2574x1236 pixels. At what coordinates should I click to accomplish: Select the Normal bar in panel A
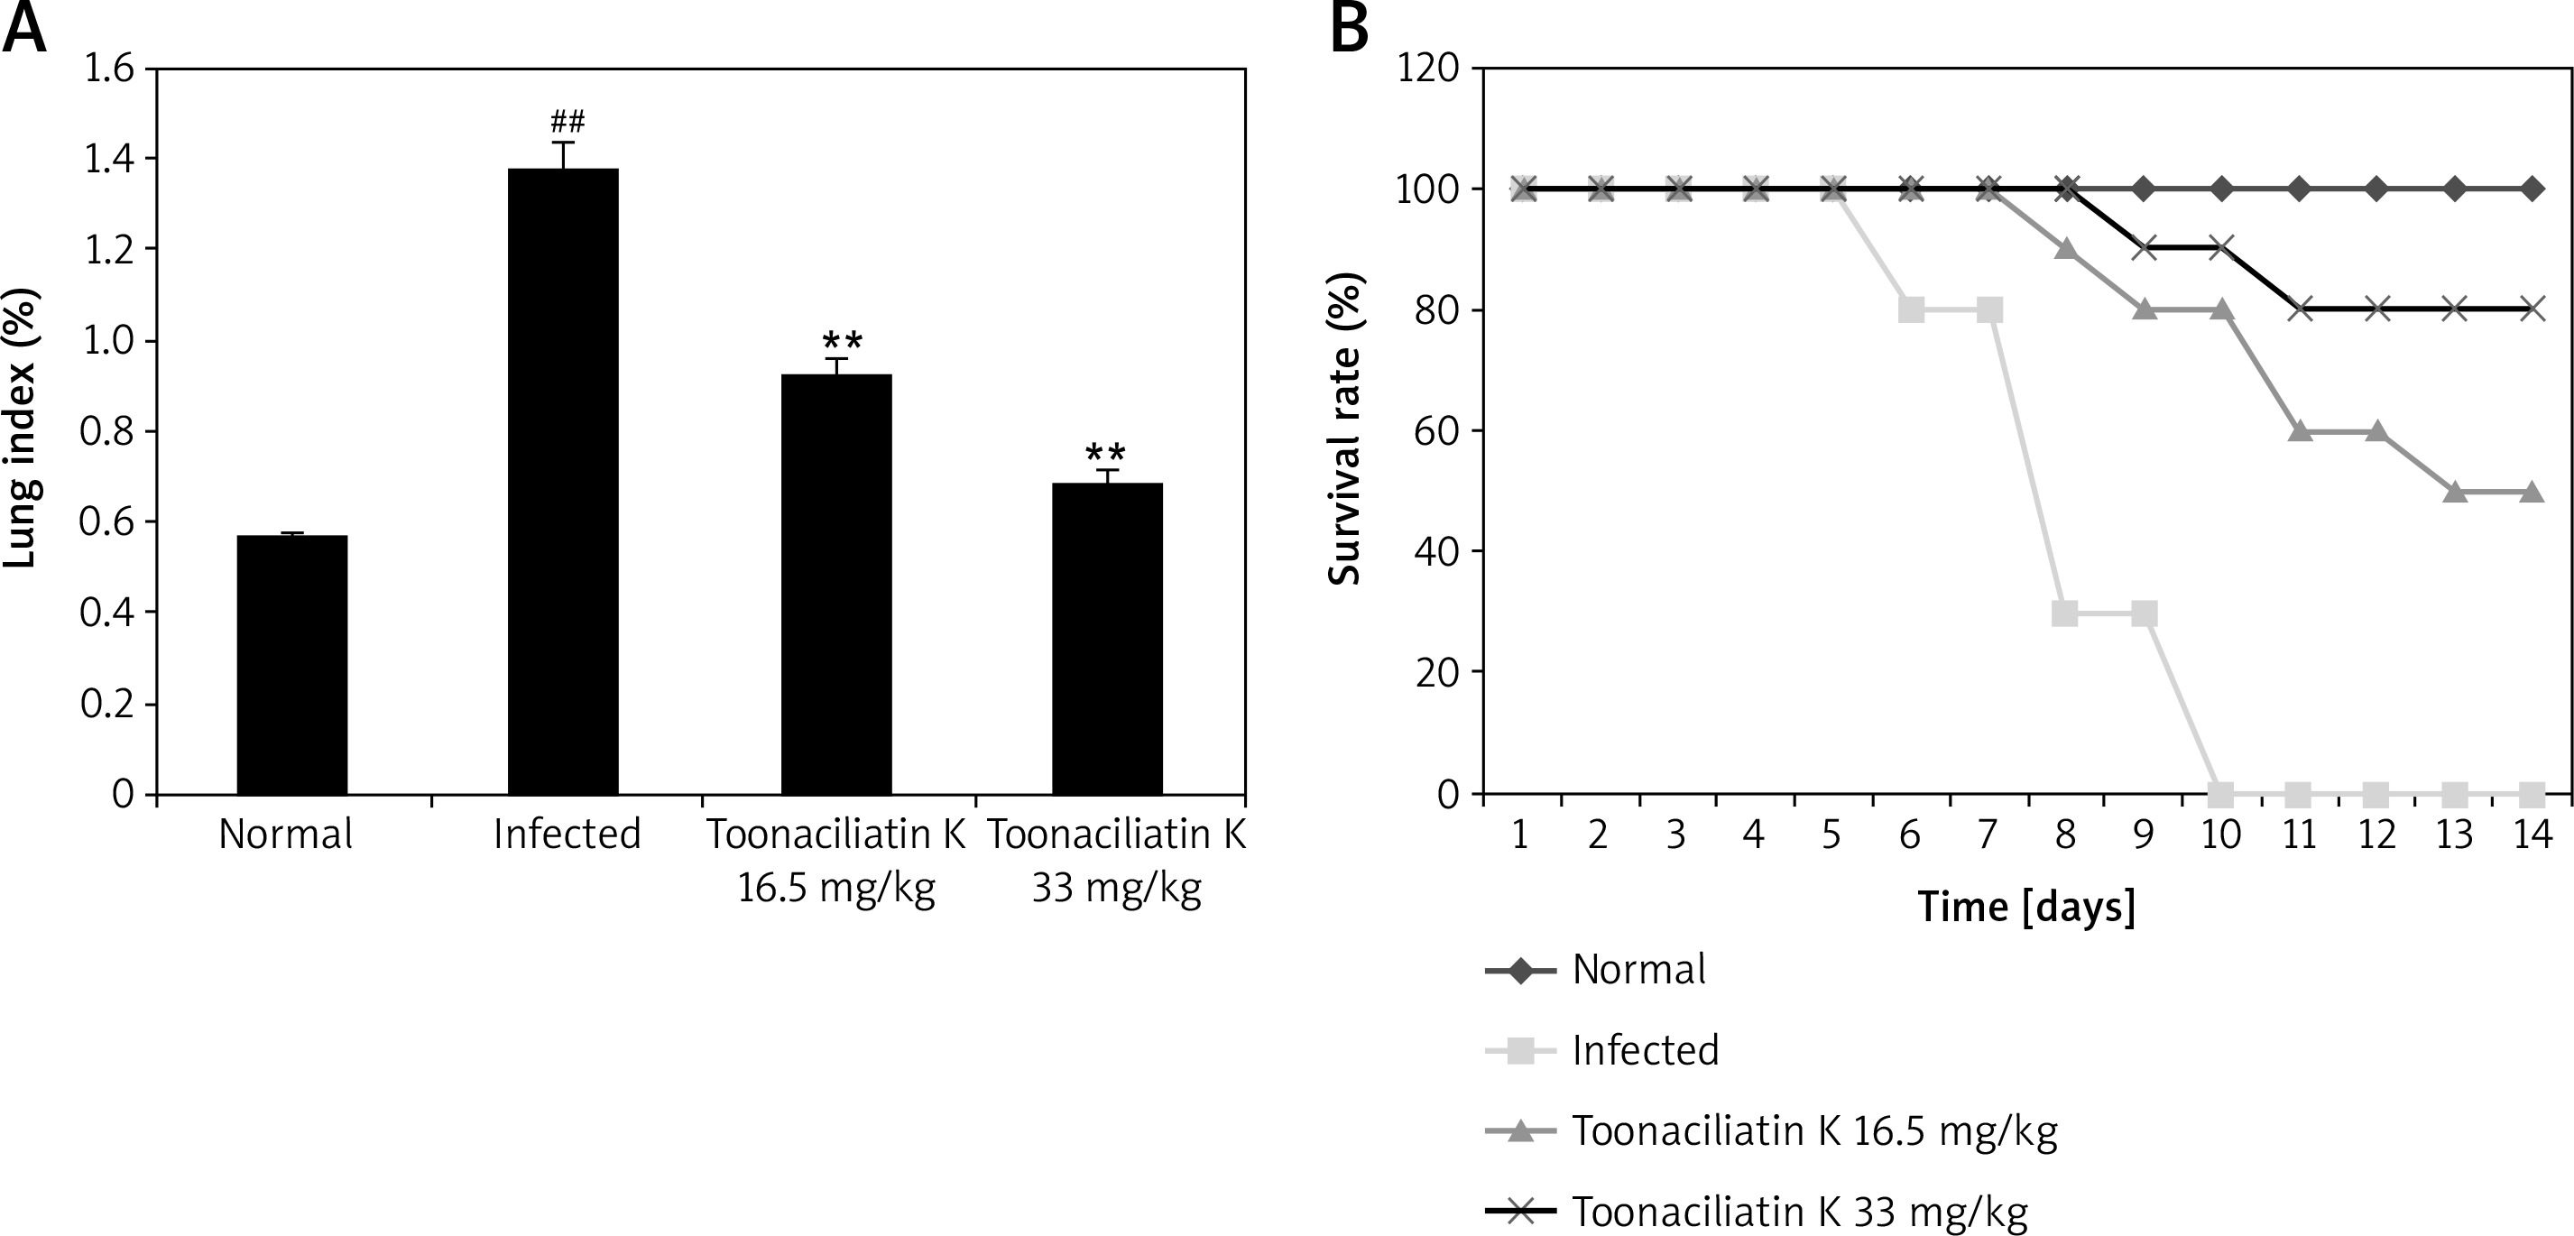click(x=291, y=664)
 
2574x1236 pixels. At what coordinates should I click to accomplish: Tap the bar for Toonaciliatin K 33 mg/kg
click(x=1107, y=639)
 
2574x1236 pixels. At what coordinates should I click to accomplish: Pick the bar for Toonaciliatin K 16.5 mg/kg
click(x=836, y=585)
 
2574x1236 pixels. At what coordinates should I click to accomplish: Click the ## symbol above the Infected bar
click(x=567, y=123)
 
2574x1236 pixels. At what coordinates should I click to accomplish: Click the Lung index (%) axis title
click(x=20, y=428)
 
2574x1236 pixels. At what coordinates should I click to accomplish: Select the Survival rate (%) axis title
click(x=1345, y=428)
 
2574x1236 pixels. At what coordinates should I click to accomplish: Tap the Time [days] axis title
click(x=2026, y=907)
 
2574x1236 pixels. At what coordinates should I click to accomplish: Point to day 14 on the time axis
click(x=2532, y=834)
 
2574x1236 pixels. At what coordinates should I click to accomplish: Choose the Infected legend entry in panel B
click(x=1645, y=1050)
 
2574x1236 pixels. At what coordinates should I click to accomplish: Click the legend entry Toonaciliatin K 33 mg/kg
click(x=1799, y=1212)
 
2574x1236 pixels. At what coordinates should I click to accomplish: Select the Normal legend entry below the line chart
click(x=1638, y=969)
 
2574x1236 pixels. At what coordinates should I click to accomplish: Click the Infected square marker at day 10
click(x=2220, y=794)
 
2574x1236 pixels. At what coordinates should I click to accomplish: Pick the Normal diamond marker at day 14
click(x=2532, y=188)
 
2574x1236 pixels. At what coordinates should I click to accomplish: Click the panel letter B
click(x=1350, y=30)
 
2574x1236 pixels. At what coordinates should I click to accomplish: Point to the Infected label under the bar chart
click(x=567, y=834)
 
